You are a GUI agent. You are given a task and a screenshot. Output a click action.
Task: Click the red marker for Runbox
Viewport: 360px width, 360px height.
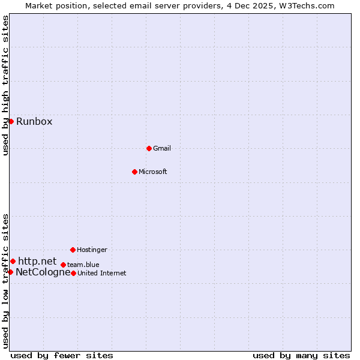tap(11, 121)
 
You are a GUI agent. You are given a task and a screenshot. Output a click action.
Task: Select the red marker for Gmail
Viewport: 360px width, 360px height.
tap(149, 148)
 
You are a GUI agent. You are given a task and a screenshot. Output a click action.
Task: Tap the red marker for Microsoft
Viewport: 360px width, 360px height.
tap(134, 172)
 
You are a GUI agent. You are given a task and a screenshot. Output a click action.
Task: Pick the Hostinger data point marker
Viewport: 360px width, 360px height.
tap(73, 250)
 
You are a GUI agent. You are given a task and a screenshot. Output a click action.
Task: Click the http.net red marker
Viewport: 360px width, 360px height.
tap(13, 261)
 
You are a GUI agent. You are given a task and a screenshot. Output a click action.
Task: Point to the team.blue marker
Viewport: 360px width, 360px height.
tap(63, 265)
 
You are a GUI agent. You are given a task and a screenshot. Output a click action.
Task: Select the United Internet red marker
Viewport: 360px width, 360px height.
tap(73, 273)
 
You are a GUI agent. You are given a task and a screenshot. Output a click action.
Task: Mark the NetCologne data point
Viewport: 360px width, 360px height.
tap(10, 272)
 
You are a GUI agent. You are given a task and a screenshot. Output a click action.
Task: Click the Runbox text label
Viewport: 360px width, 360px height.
tap(34, 122)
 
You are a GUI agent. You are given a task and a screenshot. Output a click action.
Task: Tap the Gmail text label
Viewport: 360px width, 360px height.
tap(162, 148)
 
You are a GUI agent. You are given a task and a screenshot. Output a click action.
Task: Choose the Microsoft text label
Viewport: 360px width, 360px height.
tap(153, 172)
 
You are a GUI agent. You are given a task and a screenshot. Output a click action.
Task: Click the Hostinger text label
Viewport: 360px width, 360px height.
tap(92, 250)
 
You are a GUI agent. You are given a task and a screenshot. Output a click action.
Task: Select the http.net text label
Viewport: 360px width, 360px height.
tap(37, 261)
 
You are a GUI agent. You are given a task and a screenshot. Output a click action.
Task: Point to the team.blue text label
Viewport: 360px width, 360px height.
tap(83, 265)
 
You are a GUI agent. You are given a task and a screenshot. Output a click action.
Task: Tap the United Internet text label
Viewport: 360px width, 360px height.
tap(102, 273)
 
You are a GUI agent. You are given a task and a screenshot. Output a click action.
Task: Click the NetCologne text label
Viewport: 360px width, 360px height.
tap(43, 272)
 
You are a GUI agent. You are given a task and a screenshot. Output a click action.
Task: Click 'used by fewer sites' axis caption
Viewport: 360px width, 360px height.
tap(62, 355)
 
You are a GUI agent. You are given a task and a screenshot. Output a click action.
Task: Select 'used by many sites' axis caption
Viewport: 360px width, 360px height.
tap(301, 355)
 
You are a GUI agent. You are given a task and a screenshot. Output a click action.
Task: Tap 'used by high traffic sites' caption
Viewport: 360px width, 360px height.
tap(5, 85)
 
